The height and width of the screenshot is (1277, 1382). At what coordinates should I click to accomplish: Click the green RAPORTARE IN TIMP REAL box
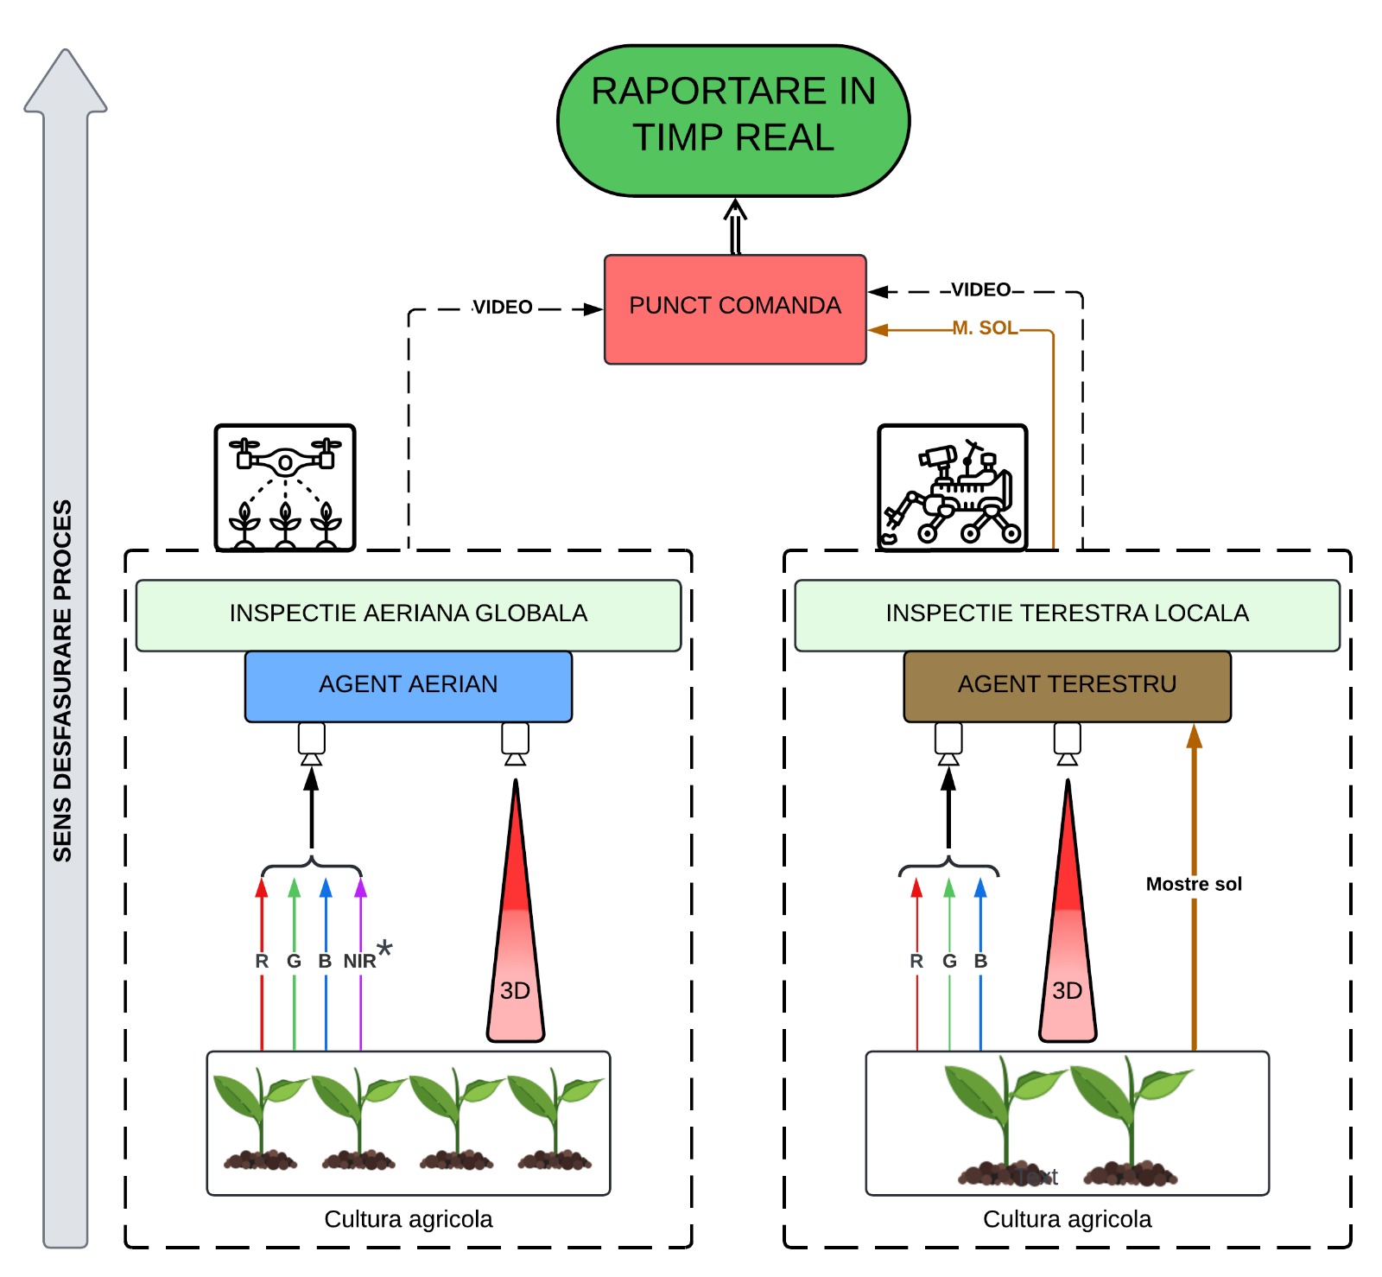(733, 120)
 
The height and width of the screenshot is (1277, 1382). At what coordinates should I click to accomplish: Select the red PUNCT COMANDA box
(735, 308)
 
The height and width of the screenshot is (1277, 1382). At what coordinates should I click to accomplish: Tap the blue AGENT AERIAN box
(408, 685)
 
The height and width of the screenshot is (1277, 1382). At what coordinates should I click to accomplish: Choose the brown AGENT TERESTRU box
(1067, 685)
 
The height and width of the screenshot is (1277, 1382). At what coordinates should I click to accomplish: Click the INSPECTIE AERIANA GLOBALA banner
(408, 614)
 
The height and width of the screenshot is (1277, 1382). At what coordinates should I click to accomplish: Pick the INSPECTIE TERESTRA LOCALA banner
(1067, 614)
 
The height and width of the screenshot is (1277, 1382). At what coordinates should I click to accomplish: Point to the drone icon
(285, 487)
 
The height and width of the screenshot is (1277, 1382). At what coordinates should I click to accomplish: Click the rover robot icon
(952, 487)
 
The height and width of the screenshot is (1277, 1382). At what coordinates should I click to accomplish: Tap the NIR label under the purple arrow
(359, 961)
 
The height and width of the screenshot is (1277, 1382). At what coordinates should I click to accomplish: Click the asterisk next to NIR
(384, 949)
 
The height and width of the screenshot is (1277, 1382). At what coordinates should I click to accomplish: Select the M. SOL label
(985, 328)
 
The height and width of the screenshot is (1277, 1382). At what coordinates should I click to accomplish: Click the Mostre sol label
(1194, 884)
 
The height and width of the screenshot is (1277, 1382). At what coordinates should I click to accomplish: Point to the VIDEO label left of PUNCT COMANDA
(503, 308)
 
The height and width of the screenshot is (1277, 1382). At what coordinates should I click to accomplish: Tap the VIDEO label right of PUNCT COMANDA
(981, 290)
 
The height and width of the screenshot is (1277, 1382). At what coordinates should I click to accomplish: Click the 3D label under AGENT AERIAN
(515, 991)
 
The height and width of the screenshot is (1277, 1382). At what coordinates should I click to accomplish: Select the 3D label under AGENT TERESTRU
(1067, 991)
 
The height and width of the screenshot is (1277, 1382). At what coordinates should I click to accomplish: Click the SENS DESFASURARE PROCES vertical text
(63, 680)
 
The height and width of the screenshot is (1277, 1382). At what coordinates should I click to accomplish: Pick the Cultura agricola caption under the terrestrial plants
(1067, 1219)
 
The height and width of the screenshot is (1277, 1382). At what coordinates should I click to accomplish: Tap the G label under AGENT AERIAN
(294, 961)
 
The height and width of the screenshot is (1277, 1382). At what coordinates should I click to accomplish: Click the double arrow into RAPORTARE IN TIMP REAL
(735, 226)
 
